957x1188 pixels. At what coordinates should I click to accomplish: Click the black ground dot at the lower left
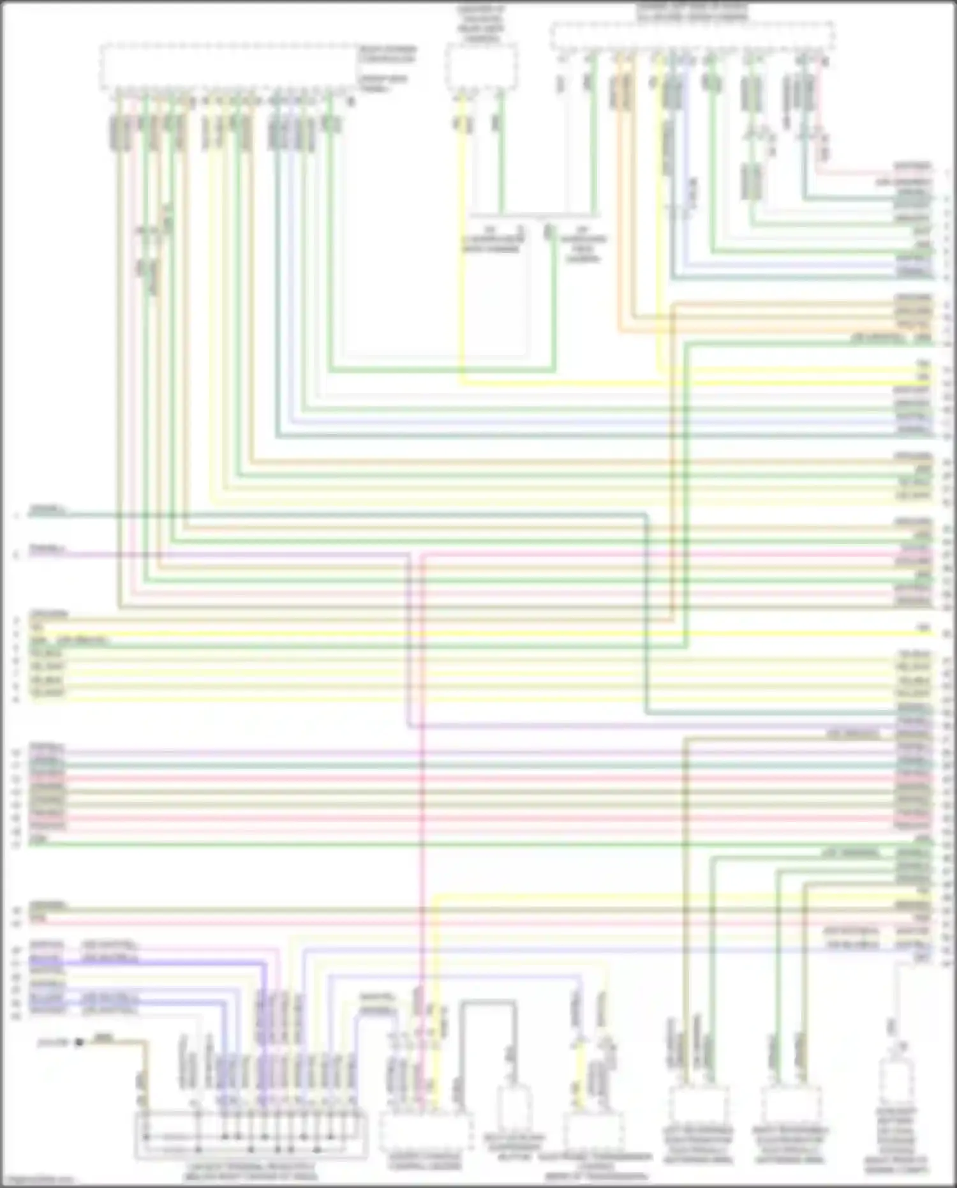pos(80,1042)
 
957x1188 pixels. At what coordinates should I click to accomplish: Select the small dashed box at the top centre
pos(480,66)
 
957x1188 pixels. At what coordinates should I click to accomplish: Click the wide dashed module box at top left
pos(228,67)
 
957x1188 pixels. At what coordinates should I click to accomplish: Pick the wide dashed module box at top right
pos(692,36)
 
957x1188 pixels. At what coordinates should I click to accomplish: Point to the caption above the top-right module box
pos(692,11)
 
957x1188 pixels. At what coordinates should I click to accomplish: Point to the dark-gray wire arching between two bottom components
pos(488,1004)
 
